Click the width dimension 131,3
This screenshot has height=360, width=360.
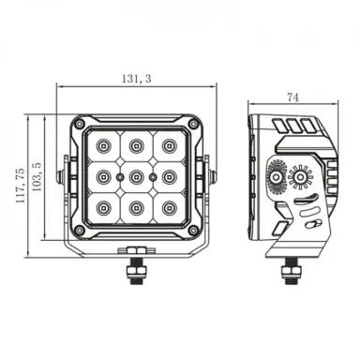coord(137,81)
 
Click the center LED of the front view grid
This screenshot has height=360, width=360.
coord(137,175)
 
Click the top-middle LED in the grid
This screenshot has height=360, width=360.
coord(137,144)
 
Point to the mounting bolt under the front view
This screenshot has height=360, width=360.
coord(137,269)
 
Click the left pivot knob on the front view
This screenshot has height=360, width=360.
coord(60,175)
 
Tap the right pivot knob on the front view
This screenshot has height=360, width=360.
coord(214,175)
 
